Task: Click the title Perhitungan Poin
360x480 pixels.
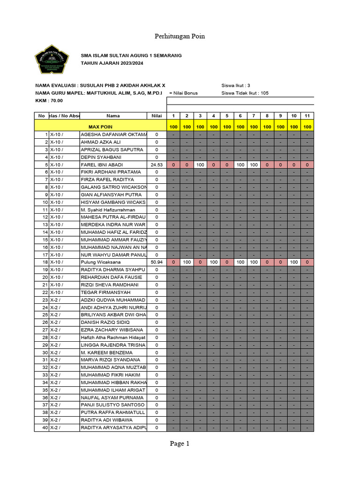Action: [180, 36]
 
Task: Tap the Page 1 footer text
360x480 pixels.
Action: [180, 443]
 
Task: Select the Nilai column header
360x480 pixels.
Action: [155, 116]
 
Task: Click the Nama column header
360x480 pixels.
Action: [113, 116]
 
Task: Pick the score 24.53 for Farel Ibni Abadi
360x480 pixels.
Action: [156, 165]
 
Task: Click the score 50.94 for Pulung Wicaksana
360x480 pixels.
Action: [156, 262]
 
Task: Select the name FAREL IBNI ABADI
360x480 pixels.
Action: [102, 165]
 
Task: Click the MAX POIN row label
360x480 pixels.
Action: [100, 127]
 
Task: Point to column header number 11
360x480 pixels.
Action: [307, 116]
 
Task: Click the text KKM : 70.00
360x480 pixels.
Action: [49, 100]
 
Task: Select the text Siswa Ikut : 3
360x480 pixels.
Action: [235, 85]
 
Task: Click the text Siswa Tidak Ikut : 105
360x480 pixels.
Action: [245, 93]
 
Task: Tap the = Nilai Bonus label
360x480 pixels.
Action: [183, 93]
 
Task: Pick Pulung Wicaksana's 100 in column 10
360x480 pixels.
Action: [293, 262]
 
